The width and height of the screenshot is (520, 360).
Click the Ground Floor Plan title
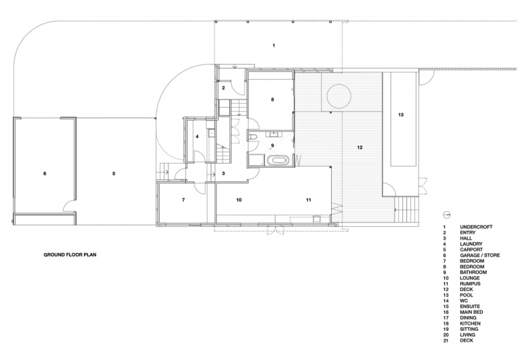pyautogui.click(x=70, y=255)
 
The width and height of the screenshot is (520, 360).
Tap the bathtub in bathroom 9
pyautogui.click(x=278, y=161)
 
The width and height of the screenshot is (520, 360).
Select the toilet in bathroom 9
pyautogui.click(x=253, y=137)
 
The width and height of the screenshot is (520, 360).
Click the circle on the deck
pyautogui.click(x=339, y=96)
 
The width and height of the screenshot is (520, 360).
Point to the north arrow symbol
pyautogui.click(x=446, y=215)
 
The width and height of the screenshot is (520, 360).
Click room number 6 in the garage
pyautogui.click(x=45, y=173)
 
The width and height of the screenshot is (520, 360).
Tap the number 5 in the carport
pyautogui.click(x=114, y=173)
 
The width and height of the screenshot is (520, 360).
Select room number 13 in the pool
pyautogui.click(x=401, y=114)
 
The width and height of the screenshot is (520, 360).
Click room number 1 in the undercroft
pyautogui.click(x=274, y=45)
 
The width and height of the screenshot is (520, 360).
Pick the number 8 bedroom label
pyautogui.click(x=273, y=99)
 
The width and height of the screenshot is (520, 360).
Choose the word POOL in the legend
pyautogui.click(x=467, y=295)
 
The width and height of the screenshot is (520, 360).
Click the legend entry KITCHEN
pyautogui.click(x=470, y=323)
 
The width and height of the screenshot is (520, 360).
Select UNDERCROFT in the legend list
pyautogui.click(x=476, y=227)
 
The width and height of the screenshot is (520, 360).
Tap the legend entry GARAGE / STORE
pyautogui.click(x=479, y=255)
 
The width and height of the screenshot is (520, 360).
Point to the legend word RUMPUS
pyautogui.click(x=470, y=284)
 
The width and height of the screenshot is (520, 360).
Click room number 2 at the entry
pyautogui.click(x=223, y=88)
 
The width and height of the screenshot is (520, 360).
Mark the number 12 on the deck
pyautogui.click(x=360, y=148)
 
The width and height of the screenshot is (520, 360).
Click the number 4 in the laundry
pyautogui.click(x=197, y=136)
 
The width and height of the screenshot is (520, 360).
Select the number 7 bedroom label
pyautogui.click(x=183, y=200)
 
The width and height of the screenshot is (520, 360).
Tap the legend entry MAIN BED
pyautogui.click(x=471, y=312)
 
